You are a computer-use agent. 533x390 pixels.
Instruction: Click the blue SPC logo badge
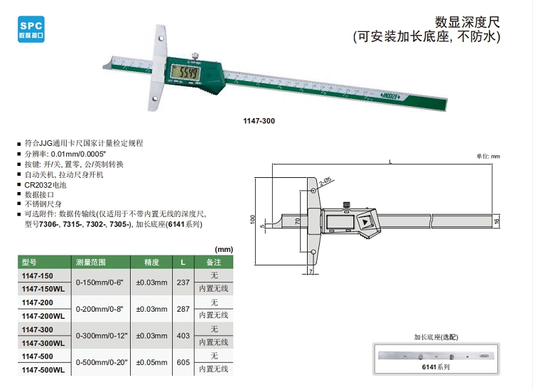click(x=31, y=29)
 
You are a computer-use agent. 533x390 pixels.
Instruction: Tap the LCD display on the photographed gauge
click(x=185, y=72)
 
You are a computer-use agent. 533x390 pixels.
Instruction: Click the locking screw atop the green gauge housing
click(x=195, y=56)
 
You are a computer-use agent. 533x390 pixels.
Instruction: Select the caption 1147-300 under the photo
click(x=259, y=121)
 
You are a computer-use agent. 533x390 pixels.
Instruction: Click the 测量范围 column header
click(x=91, y=263)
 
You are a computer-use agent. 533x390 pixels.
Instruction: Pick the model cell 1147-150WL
click(x=43, y=289)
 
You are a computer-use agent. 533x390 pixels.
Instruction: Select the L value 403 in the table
click(x=183, y=336)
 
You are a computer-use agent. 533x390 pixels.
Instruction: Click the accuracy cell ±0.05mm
click(x=151, y=362)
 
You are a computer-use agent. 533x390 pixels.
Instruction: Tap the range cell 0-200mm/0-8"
click(x=99, y=309)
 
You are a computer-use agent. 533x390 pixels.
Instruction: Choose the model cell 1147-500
click(x=38, y=357)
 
